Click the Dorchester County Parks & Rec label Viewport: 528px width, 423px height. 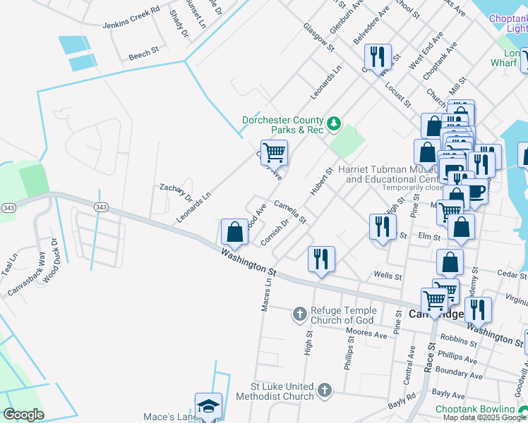click(282, 125)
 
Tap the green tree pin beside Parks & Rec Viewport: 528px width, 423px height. click(334, 125)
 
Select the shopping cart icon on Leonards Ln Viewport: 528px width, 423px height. click(274, 152)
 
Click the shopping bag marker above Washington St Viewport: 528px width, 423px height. click(234, 231)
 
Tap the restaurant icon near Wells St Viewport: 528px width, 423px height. click(321, 259)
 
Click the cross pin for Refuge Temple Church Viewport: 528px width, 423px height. click(300, 313)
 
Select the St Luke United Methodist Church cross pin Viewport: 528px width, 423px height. click(324, 390)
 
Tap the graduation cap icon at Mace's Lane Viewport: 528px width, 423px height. click(208, 405)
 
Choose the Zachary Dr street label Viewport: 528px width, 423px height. click(176, 191)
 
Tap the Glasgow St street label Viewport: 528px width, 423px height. click(318, 36)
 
